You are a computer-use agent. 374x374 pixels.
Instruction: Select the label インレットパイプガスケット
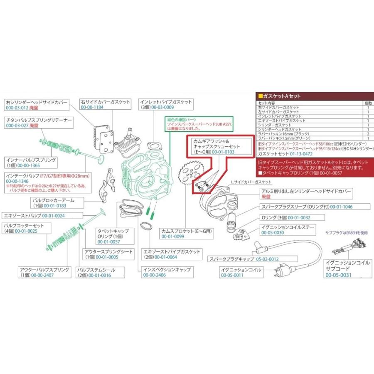click(x=165, y=101)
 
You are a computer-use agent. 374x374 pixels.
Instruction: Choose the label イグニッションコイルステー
click(x=288, y=227)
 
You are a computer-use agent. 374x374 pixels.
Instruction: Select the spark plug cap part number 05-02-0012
click(x=267, y=259)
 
